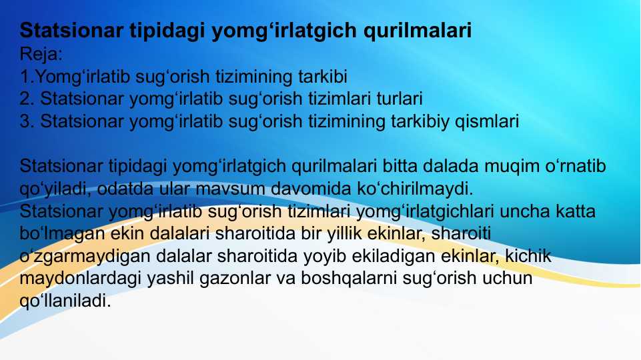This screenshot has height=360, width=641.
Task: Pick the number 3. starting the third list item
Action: tap(27, 122)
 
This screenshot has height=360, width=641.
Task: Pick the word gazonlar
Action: tap(237, 279)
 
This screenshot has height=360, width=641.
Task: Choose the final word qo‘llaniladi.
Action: tap(65, 301)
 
